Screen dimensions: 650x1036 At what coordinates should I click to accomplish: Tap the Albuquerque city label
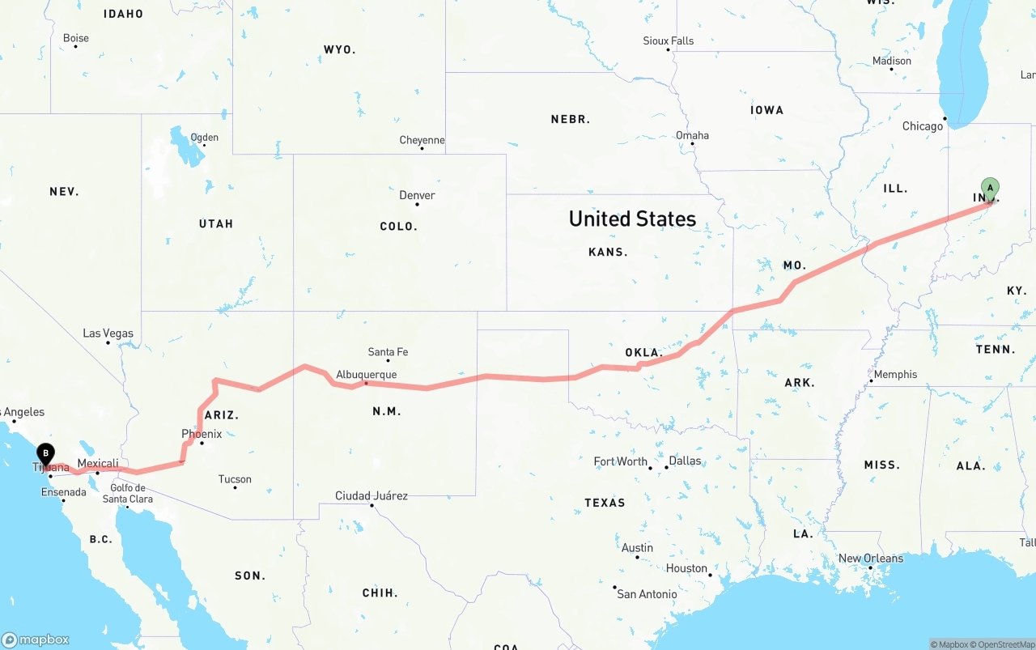click(x=367, y=375)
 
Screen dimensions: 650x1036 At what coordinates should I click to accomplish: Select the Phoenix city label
click(x=202, y=434)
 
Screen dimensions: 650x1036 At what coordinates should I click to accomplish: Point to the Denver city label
click(x=417, y=195)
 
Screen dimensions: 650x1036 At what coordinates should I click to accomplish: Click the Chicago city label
click(x=923, y=126)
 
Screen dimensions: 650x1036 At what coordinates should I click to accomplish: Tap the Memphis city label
click(x=896, y=374)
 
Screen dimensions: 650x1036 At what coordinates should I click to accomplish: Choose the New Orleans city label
click(x=871, y=559)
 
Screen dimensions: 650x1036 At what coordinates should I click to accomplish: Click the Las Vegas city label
click(x=108, y=333)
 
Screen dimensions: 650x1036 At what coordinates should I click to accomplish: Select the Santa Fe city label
click(x=388, y=352)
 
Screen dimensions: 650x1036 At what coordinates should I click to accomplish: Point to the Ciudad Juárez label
click(x=372, y=495)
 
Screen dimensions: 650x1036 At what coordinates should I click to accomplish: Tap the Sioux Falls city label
click(x=669, y=40)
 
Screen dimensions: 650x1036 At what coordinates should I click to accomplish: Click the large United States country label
click(x=632, y=219)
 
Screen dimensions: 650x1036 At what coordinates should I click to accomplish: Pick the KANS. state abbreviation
click(x=608, y=252)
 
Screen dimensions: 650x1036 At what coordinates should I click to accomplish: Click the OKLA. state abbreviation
click(x=644, y=353)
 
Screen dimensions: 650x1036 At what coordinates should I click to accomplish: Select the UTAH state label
click(x=216, y=223)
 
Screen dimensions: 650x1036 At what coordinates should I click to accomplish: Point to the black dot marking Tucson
click(x=236, y=488)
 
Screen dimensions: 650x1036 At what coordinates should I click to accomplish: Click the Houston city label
click(x=687, y=568)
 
